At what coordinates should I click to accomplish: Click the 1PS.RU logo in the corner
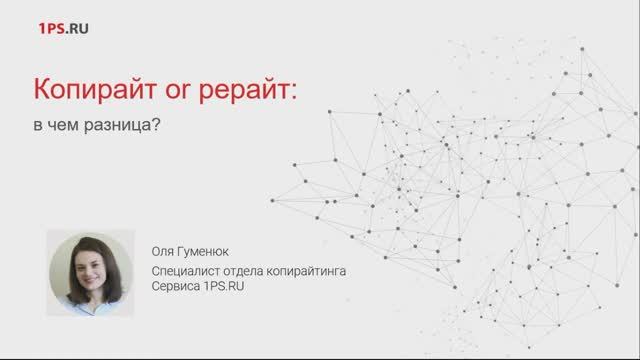(62, 29)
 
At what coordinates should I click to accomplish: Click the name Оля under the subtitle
(161, 249)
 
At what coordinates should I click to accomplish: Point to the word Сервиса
(173, 286)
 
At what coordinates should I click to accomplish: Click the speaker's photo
(90, 271)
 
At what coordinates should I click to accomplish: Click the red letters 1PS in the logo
(50, 29)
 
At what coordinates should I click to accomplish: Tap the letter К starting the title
(44, 92)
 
